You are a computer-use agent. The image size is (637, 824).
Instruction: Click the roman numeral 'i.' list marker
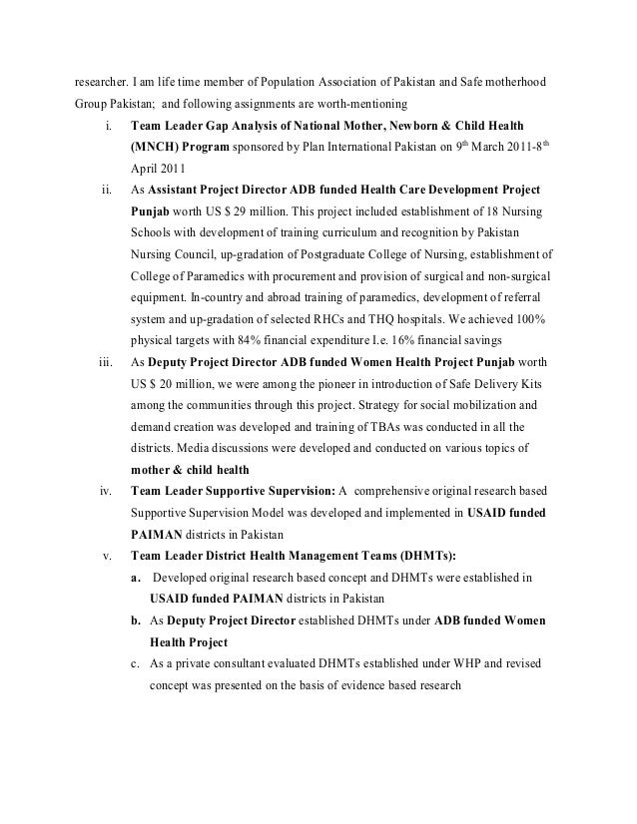[x=106, y=127]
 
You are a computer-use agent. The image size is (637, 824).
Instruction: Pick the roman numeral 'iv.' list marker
[x=105, y=491]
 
